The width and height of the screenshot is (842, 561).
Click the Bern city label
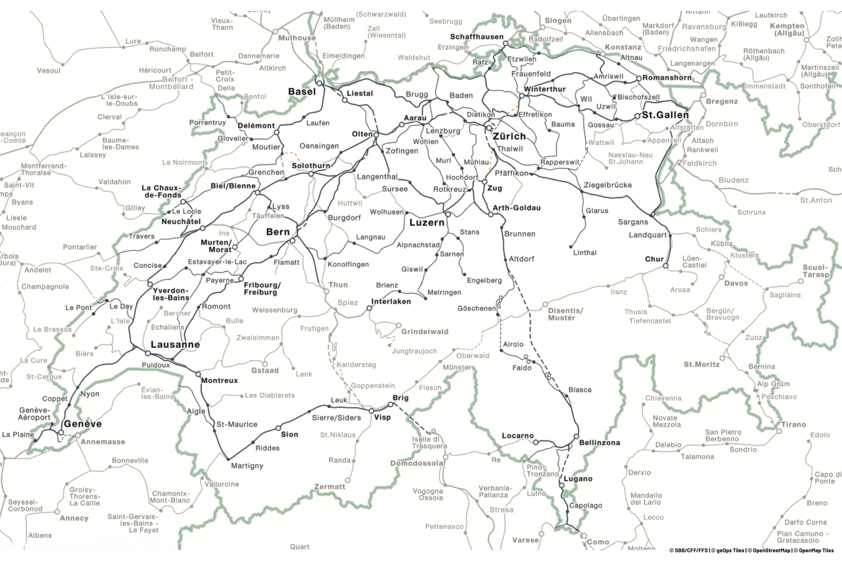(278, 232)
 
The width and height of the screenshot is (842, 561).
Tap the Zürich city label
(509, 136)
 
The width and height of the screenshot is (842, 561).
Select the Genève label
(83, 424)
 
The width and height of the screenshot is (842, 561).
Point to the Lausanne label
(175, 344)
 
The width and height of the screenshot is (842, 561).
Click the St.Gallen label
(665, 115)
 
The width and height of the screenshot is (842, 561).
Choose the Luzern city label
(427, 223)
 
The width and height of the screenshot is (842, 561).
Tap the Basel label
(302, 91)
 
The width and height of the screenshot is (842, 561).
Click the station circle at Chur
(666, 266)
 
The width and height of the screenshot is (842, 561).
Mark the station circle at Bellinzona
(576, 436)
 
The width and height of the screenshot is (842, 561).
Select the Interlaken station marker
(369, 308)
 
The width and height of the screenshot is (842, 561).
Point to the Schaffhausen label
(477, 37)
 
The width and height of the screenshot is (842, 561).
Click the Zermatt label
(330, 486)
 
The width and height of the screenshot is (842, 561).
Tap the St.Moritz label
(701, 365)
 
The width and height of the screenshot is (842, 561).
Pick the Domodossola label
(417, 463)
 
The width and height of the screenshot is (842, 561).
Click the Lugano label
(578, 479)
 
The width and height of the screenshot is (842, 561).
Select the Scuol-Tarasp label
(816, 271)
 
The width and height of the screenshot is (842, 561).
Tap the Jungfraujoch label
(414, 351)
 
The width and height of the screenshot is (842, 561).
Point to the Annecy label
(74, 518)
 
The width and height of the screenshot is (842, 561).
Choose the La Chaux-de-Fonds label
(162, 191)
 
